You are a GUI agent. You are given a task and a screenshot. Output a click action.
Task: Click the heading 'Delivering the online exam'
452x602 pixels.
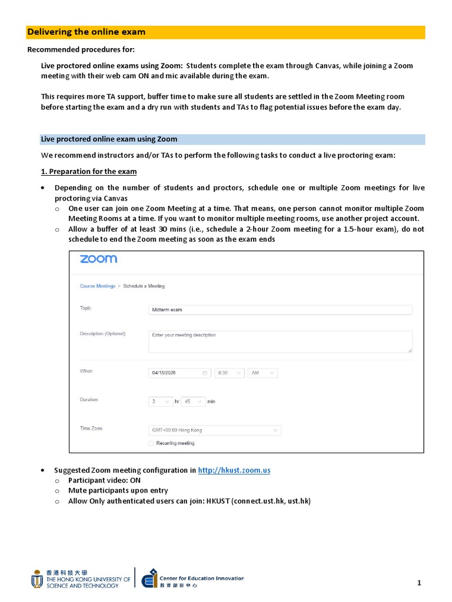tap(87, 32)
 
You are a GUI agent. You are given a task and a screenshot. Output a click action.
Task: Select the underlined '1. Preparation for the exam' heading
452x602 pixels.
tap(88, 172)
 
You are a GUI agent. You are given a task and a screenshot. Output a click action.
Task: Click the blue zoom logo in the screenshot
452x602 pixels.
tap(98, 259)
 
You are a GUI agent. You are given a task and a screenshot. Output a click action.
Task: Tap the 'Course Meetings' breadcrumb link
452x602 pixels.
tap(98, 286)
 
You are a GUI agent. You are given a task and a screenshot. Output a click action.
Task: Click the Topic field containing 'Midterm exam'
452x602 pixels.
tap(280, 310)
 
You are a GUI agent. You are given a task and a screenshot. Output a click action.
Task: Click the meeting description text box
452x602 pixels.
tap(280, 342)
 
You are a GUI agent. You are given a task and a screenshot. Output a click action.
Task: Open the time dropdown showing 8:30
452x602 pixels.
tap(229, 373)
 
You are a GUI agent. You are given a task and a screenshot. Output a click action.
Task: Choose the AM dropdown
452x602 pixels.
tap(262, 373)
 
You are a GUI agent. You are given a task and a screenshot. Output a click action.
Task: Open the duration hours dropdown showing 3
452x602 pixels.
tap(160, 402)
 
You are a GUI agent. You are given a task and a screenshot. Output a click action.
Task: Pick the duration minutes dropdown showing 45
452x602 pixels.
tap(193, 402)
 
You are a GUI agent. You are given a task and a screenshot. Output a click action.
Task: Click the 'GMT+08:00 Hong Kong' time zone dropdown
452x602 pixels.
tap(214, 430)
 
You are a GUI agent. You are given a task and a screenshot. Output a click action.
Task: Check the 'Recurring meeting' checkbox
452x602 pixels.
tap(151, 443)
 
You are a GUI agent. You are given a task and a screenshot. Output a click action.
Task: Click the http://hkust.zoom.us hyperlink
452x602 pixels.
tap(234, 470)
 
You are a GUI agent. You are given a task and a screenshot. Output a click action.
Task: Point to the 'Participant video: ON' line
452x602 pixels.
tap(104, 480)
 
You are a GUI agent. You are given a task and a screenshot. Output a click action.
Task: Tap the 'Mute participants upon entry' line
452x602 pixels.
tap(118, 490)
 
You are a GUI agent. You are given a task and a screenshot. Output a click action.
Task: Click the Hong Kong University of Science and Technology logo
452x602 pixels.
tap(81, 579)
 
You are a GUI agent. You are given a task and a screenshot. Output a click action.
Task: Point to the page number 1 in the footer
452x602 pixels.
tap(419, 583)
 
